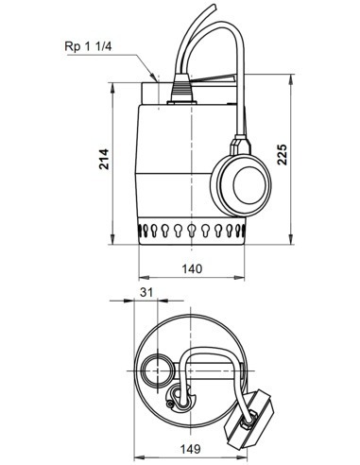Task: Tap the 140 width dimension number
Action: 193,269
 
